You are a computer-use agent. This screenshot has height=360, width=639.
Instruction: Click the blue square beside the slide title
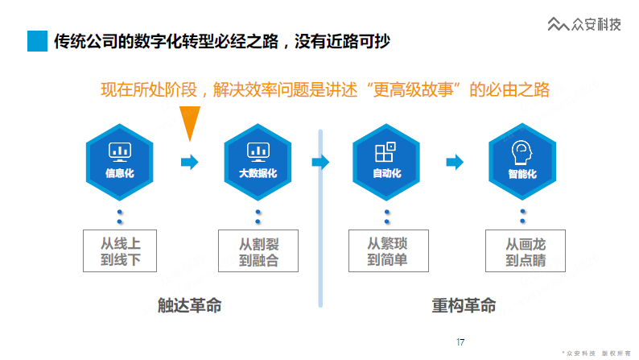click(x=37, y=41)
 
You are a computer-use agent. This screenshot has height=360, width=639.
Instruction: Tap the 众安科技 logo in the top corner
click(x=584, y=24)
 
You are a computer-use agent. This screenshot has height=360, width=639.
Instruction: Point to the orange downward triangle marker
click(x=189, y=123)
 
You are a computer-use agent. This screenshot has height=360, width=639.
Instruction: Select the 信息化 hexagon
click(x=119, y=162)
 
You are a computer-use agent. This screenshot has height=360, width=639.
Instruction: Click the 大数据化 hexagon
click(x=258, y=162)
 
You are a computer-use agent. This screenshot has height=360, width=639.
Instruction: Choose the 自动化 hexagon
click(x=386, y=162)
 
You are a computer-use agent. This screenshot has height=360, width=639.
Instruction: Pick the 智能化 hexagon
click(x=522, y=162)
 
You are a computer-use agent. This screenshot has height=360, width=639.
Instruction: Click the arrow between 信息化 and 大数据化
click(x=189, y=162)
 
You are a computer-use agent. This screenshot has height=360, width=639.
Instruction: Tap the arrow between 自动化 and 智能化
click(x=455, y=162)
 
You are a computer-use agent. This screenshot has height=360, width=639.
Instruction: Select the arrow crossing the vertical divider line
click(x=320, y=162)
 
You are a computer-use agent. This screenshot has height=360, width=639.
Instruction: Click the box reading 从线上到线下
click(x=120, y=250)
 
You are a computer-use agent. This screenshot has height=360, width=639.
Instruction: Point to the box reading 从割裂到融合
click(x=258, y=250)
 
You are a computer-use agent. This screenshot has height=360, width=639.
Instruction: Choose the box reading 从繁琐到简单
click(x=389, y=250)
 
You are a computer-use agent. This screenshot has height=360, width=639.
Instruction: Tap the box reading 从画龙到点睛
click(x=526, y=250)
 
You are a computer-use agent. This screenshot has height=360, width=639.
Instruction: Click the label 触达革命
click(x=189, y=305)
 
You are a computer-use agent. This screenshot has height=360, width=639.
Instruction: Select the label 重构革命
click(x=464, y=305)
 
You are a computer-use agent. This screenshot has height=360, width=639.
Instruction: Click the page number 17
click(x=460, y=342)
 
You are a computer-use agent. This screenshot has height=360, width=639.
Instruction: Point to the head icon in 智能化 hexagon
click(x=522, y=152)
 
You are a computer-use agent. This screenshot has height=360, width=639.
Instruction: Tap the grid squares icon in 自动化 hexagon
click(x=385, y=151)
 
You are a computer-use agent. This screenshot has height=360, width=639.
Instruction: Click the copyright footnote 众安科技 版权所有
click(x=596, y=354)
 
